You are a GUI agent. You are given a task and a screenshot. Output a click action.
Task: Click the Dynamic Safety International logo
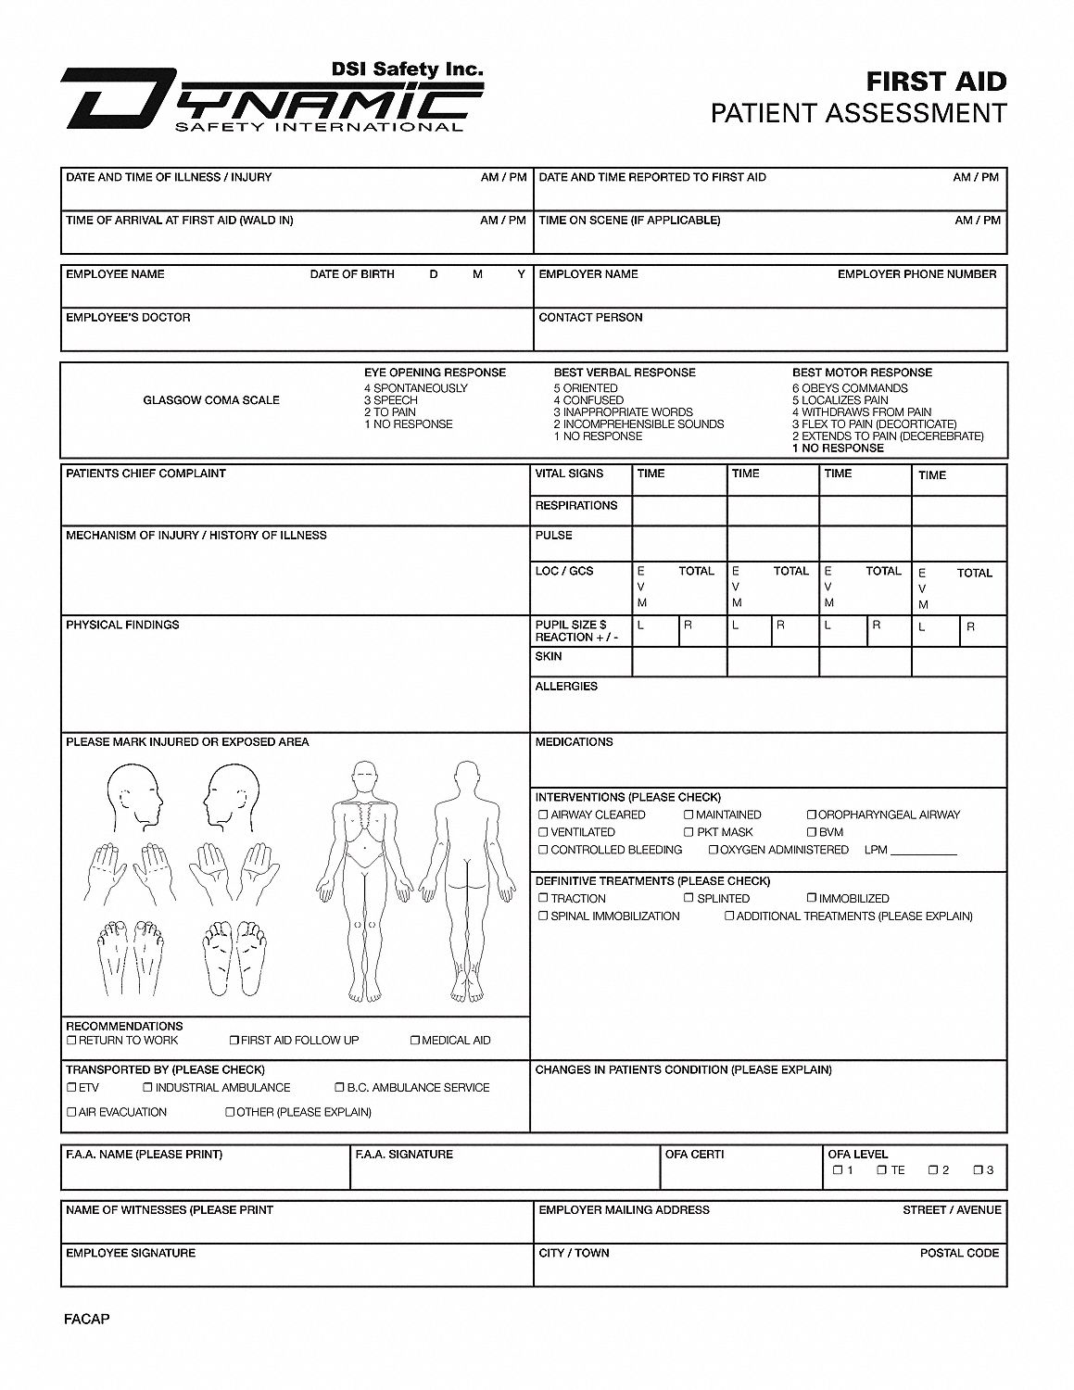click(x=272, y=98)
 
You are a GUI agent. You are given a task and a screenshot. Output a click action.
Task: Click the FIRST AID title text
click(x=936, y=82)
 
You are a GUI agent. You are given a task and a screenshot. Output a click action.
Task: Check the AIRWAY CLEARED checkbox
click(x=543, y=815)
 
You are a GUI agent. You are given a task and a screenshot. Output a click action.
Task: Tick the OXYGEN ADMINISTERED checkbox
click(x=714, y=850)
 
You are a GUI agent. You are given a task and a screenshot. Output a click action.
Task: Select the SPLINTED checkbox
click(x=689, y=898)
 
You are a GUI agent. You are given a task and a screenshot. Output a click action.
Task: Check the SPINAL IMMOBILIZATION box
click(x=543, y=916)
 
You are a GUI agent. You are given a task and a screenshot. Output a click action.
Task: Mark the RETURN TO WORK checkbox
click(x=71, y=1041)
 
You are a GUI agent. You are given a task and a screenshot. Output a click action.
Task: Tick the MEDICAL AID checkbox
click(x=415, y=1041)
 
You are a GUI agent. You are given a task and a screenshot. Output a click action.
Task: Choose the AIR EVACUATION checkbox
click(x=71, y=1112)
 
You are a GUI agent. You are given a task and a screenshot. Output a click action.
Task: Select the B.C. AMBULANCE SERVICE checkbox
click(x=339, y=1088)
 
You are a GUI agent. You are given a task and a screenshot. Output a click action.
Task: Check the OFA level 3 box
click(x=978, y=1170)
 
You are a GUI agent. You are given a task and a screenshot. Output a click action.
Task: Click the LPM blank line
click(x=923, y=852)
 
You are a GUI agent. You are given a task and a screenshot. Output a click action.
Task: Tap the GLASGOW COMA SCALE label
click(x=210, y=400)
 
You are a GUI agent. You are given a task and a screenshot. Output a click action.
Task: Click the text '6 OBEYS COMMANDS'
click(x=849, y=388)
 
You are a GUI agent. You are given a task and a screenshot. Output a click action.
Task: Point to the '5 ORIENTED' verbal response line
click(x=586, y=388)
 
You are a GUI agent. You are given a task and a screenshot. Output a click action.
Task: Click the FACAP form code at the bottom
click(x=87, y=1319)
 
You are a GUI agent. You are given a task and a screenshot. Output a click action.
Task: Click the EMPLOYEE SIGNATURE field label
click(x=130, y=1253)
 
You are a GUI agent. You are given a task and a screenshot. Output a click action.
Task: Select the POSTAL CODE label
click(x=959, y=1253)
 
